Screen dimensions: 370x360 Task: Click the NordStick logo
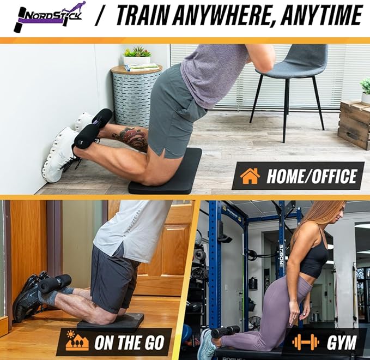pos(49,17)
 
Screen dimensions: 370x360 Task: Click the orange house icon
pos(250,176)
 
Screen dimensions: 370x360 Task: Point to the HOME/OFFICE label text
pos(311,176)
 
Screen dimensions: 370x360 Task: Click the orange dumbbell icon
pos(305,342)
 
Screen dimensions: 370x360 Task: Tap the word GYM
pos(341,342)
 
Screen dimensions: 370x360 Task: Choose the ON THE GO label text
pos(129,343)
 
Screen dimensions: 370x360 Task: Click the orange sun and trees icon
pos(77,340)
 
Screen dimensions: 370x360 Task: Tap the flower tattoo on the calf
pos(131,137)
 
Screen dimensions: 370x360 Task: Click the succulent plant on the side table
pos(137,52)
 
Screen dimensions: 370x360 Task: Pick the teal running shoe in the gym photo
pos(207,344)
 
